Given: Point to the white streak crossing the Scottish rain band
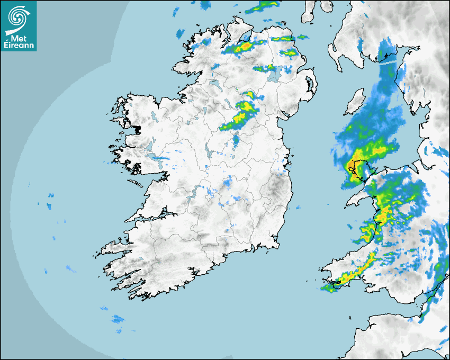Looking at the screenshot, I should click(389, 62).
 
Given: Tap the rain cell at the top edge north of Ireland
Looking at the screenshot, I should click(265, 6).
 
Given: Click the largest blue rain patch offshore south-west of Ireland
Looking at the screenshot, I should click(118, 319).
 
